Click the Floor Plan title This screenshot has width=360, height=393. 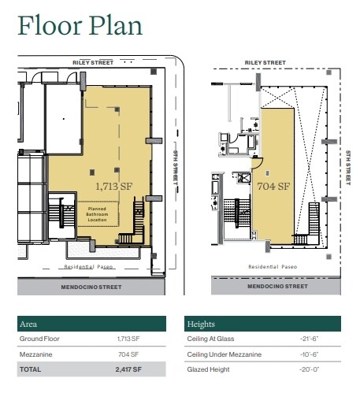[x=80, y=25]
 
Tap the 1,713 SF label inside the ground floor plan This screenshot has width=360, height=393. [x=112, y=187]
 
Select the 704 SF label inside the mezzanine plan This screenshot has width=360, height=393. [x=274, y=187]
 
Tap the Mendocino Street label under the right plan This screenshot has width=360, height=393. [x=265, y=287]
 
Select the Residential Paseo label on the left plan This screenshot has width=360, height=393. [x=90, y=267]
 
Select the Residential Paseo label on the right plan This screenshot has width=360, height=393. [x=268, y=267]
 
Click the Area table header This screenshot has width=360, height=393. [x=30, y=324]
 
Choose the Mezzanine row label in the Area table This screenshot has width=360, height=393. [x=36, y=354]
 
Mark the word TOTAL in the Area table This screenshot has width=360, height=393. [x=32, y=369]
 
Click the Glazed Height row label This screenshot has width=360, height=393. [x=208, y=369]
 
